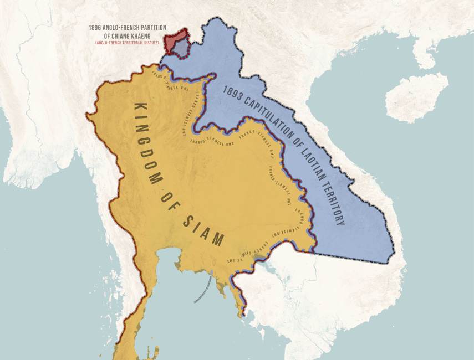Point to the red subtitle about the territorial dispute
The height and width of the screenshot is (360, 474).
click(127, 43)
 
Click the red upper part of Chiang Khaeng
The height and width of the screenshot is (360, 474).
click(176, 39)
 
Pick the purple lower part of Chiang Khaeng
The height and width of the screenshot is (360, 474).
click(179, 50)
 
